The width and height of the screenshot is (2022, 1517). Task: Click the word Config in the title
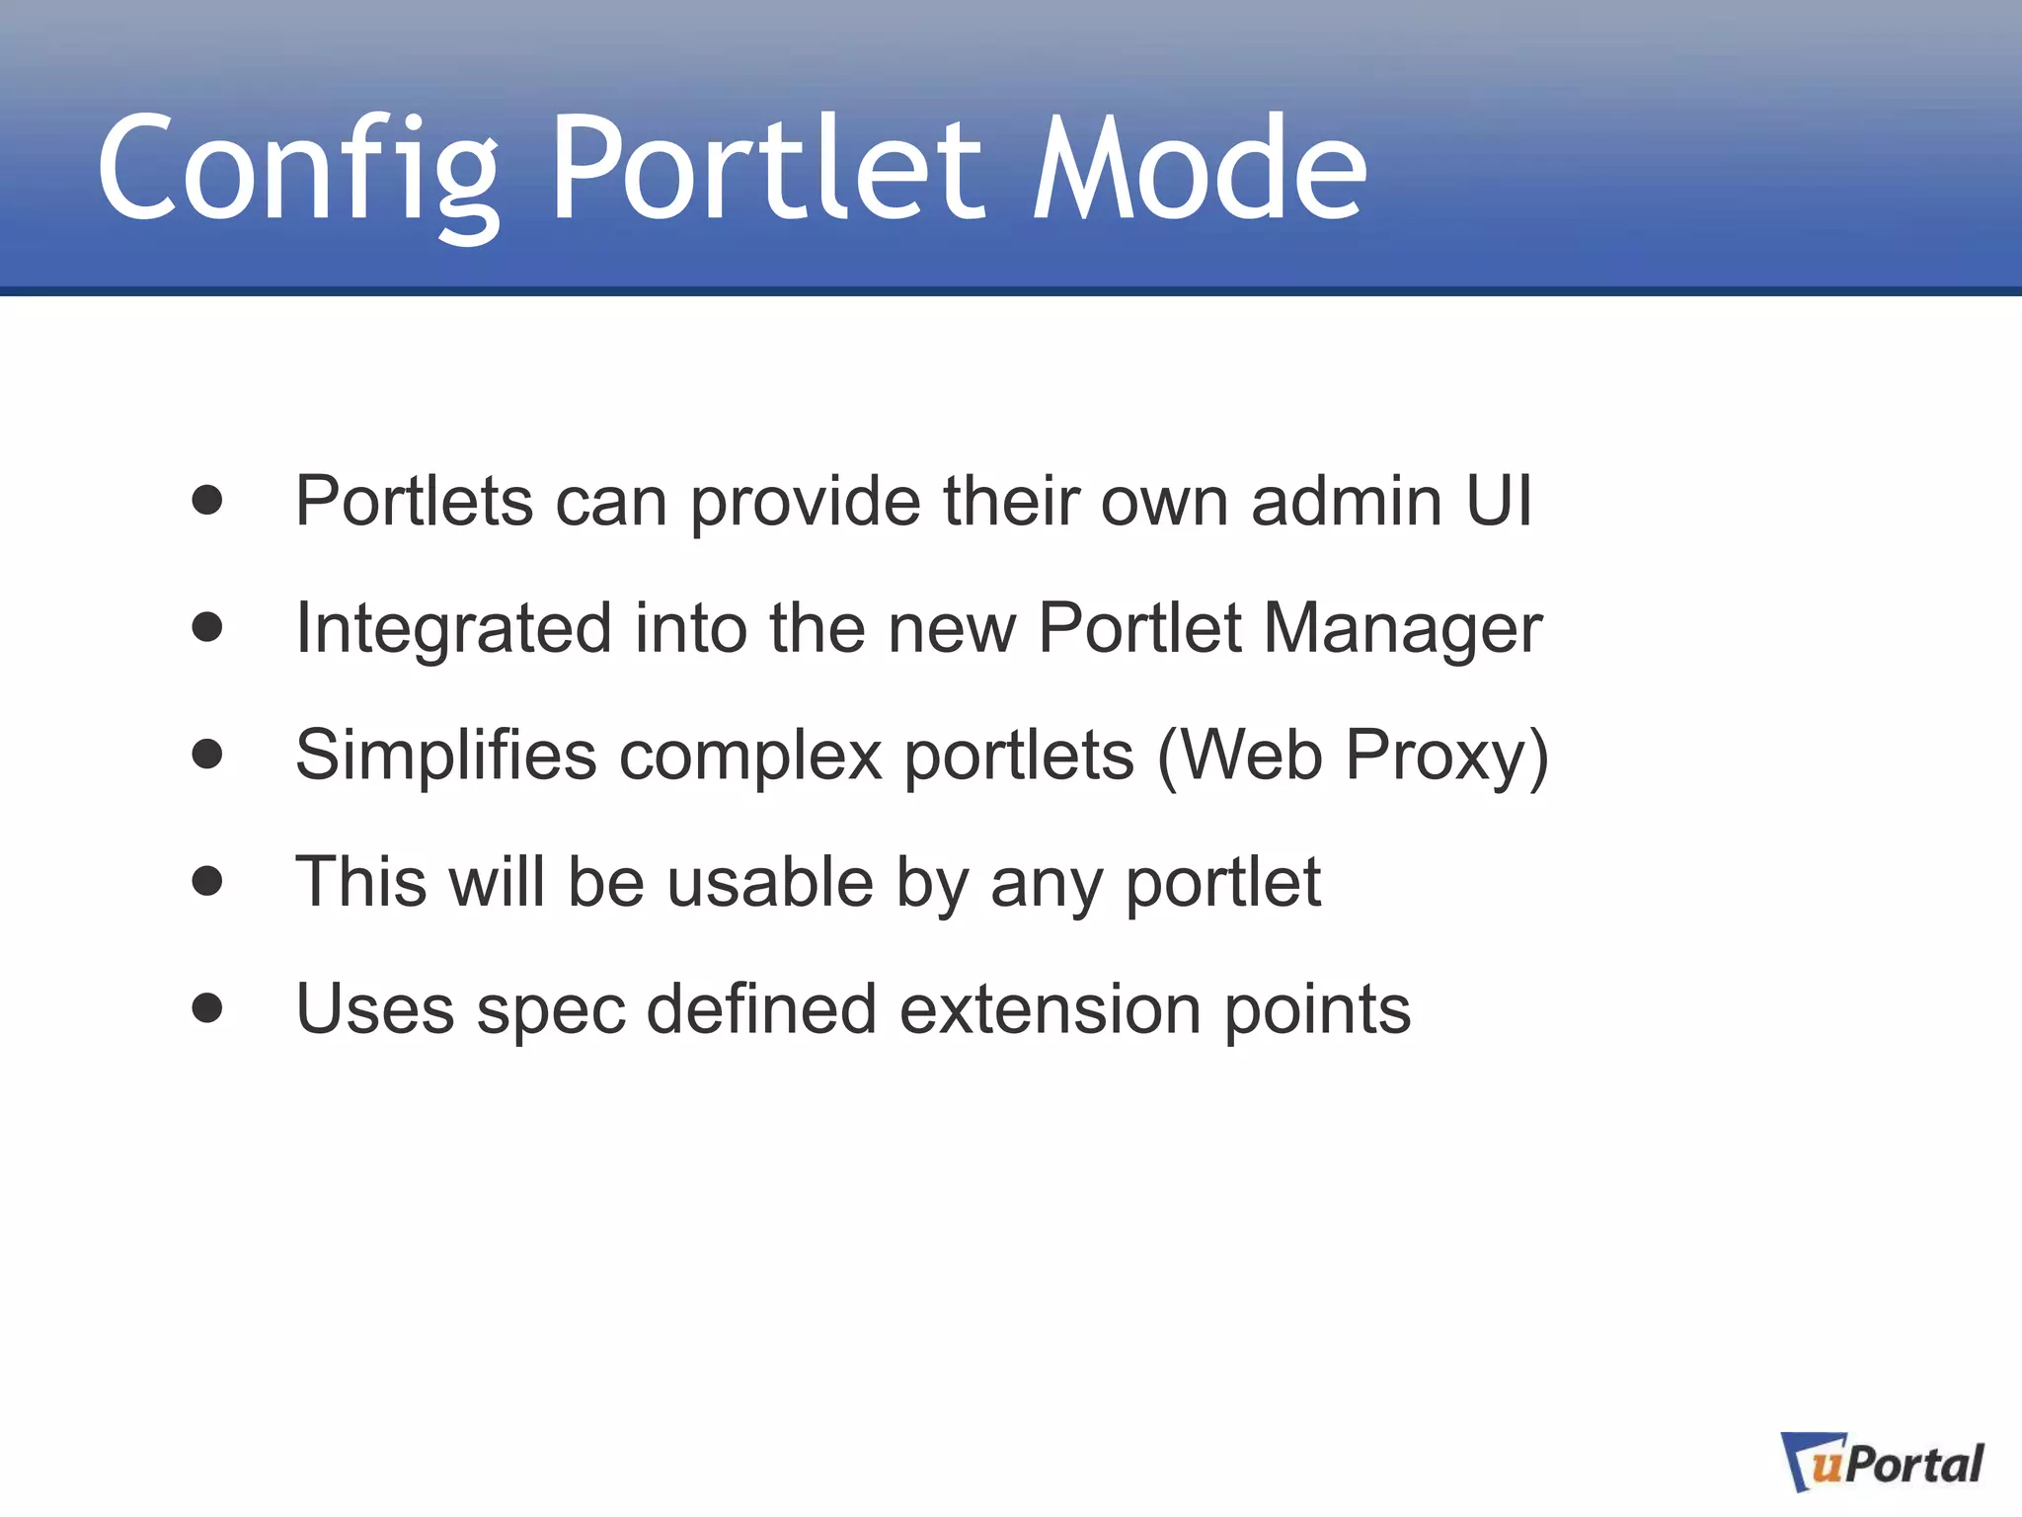click(296, 170)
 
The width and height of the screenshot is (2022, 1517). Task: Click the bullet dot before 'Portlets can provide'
click(207, 500)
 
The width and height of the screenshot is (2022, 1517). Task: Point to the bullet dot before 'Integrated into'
click(207, 626)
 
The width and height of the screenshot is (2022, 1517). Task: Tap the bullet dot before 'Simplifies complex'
click(207, 754)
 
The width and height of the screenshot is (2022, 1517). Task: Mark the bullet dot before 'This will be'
click(207, 880)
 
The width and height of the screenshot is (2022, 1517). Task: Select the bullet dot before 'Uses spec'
click(207, 1007)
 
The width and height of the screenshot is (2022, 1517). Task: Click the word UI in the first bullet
click(1499, 500)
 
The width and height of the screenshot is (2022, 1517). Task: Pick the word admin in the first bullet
click(1347, 500)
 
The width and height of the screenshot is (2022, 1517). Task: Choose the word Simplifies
click(446, 756)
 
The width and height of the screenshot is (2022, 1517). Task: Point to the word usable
click(770, 881)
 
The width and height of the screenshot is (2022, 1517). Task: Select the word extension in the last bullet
click(1050, 1009)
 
